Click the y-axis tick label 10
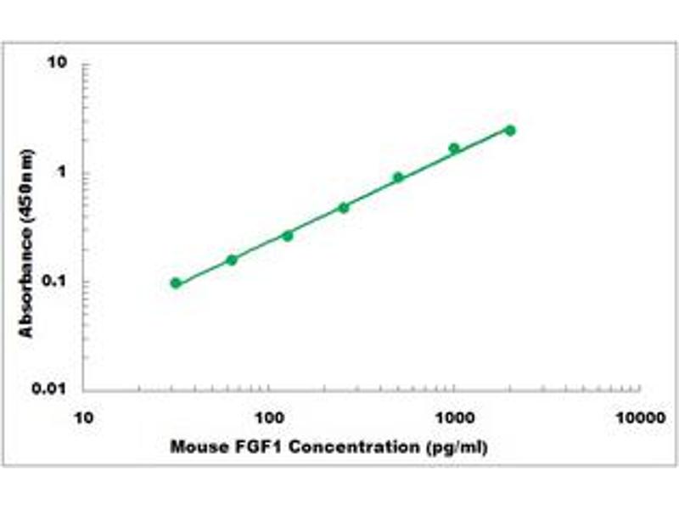(59, 64)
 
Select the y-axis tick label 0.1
(55, 282)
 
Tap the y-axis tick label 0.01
(51, 389)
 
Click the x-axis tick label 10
(83, 418)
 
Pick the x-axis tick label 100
(269, 418)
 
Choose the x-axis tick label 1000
(454, 418)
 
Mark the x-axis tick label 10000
(639, 418)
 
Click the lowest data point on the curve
(176, 282)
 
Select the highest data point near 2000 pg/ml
(510, 130)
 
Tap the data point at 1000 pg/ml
(454, 148)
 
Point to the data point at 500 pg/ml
(398, 177)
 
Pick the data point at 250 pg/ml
(344, 207)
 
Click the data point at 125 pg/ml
(288, 235)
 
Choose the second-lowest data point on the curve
(232, 260)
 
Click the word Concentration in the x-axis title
(347, 446)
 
